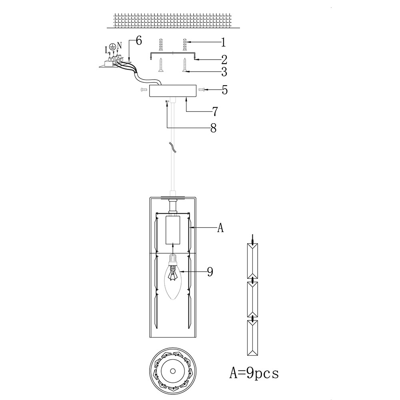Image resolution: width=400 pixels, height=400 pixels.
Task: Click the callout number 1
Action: click(224, 42)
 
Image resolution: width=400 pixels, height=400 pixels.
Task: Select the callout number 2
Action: click(224, 59)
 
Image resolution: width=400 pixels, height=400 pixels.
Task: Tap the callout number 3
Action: click(224, 72)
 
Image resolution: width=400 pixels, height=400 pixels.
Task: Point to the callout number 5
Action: click(224, 90)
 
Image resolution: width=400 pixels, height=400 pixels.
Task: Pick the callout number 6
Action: click(139, 40)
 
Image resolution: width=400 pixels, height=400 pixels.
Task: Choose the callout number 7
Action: click(215, 112)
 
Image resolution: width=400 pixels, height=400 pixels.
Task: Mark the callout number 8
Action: click(214, 128)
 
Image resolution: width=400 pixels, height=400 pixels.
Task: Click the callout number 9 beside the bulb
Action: click(210, 272)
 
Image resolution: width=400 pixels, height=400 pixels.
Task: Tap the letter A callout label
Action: click(220, 228)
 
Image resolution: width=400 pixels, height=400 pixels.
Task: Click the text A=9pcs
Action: click(254, 374)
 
